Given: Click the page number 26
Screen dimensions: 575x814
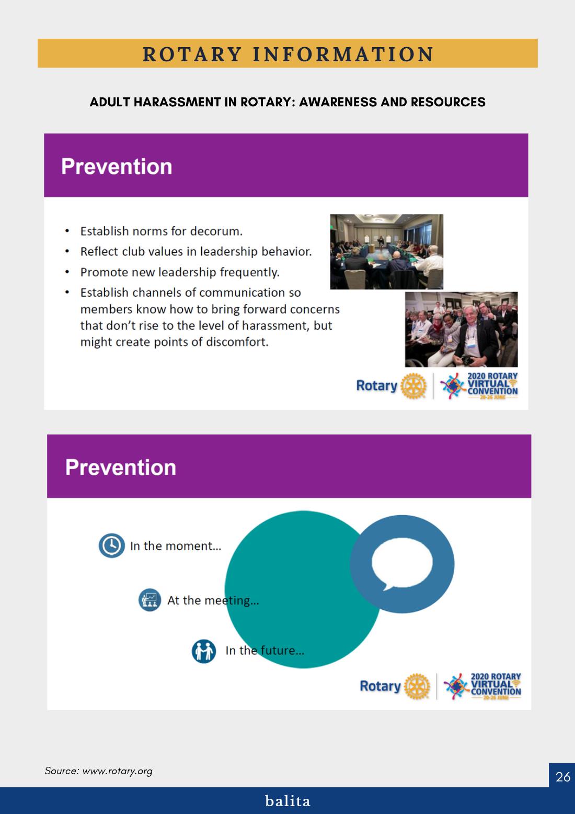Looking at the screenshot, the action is [x=562, y=776].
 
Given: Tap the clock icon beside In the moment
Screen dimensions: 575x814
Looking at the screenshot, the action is [x=112, y=545].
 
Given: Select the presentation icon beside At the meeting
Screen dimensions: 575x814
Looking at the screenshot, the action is [x=150, y=600].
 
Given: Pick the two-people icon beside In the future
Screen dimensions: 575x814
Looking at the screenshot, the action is [x=204, y=651].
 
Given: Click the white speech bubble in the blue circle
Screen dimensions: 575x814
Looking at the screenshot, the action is [x=401, y=564].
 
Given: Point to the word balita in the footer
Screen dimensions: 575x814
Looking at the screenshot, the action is [x=287, y=801].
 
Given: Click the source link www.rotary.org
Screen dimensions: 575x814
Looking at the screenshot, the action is [x=117, y=771].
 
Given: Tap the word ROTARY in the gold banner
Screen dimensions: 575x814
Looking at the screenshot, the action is [x=192, y=54].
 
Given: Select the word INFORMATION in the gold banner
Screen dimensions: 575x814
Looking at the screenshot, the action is [x=343, y=54].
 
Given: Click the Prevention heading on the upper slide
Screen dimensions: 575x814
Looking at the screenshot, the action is [x=117, y=166].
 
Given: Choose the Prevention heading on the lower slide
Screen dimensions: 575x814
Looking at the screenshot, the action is [x=120, y=467].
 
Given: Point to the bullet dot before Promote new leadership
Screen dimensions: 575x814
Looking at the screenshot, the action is [x=67, y=272].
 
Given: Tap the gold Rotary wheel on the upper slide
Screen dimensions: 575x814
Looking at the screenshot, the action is [x=413, y=386].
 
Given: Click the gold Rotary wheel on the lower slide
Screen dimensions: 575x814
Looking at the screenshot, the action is [x=417, y=686].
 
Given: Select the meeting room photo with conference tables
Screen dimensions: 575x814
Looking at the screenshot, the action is [x=386, y=251].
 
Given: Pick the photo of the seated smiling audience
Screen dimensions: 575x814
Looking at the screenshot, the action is [x=461, y=329].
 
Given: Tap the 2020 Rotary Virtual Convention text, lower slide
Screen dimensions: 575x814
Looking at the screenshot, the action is [x=496, y=686].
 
